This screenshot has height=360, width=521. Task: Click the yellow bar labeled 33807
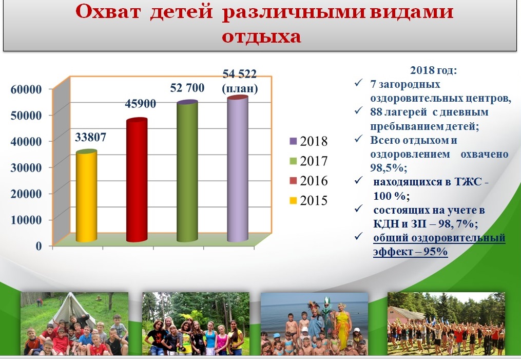click(x=86, y=196)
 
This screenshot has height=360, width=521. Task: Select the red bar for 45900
click(x=137, y=180)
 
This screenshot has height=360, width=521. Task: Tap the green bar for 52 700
click(x=187, y=171)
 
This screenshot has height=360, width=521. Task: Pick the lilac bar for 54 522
click(x=238, y=168)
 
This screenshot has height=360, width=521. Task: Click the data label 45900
click(x=140, y=103)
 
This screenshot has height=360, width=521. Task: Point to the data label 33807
click(x=90, y=137)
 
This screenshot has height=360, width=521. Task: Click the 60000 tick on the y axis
click(x=26, y=89)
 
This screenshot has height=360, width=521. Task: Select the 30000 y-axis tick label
click(x=26, y=167)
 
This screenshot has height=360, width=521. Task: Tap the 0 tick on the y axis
click(x=38, y=245)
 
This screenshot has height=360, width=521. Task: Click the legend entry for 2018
click(x=308, y=141)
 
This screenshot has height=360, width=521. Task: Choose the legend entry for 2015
click(x=308, y=200)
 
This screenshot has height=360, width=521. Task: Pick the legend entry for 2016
click(x=308, y=180)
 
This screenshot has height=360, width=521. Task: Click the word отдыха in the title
click(x=261, y=36)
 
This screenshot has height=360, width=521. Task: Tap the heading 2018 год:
click(x=434, y=70)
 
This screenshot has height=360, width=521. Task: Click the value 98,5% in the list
click(x=389, y=167)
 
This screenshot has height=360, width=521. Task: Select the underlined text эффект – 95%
click(x=410, y=251)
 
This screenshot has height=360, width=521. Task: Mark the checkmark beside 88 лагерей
click(x=358, y=111)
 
